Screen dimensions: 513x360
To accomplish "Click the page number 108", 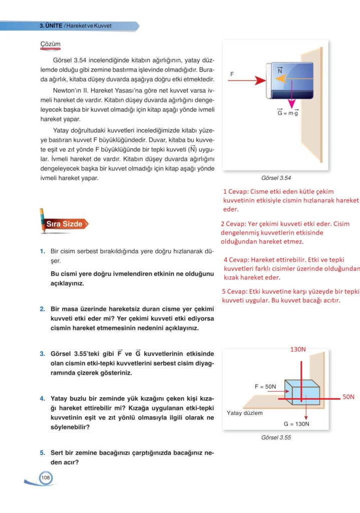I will [x=46, y=478].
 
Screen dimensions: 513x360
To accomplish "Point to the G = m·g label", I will [x=288, y=113].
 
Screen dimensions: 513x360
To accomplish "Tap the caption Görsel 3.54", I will [x=276, y=178].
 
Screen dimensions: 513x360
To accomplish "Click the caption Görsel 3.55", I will [x=276, y=437].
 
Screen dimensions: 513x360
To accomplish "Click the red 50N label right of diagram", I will [x=348, y=397].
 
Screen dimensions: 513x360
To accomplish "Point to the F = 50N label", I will [x=265, y=387].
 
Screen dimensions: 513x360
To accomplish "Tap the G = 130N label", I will [x=296, y=424].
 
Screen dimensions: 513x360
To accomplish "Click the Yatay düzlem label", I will [x=244, y=413].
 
